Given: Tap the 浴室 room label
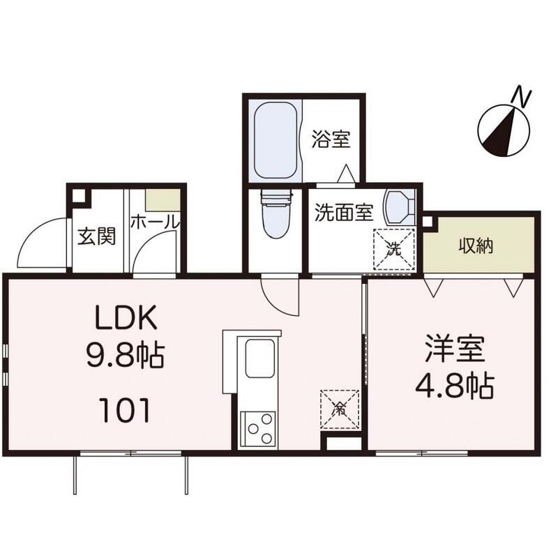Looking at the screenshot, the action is pyautogui.click(x=331, y=139).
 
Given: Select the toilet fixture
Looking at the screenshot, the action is pyautogui.click(x=276, y=213).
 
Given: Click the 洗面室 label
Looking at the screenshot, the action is pyautogui.click(x=344, y=213).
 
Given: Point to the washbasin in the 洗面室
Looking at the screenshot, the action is pyautogui.click(x=399, y=208).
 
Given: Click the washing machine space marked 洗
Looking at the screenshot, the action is pyautogui.click(x=394, y=249).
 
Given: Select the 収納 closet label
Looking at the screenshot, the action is pyautogui.click(x=476, y=246).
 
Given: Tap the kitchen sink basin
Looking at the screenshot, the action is pyautogui.click(x=260, y=359).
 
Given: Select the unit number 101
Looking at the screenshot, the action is pyautogui.click(x=125, y=410).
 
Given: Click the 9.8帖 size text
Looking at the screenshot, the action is pyautogui.click(x=126, y=354).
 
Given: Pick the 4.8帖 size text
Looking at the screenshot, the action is pyautogui.click(x=455, y=386).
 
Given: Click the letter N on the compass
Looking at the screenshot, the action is pyautogui.click(x=522, y=97).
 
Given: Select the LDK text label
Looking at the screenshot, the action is pyautogui.click(x=126, y=317).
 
